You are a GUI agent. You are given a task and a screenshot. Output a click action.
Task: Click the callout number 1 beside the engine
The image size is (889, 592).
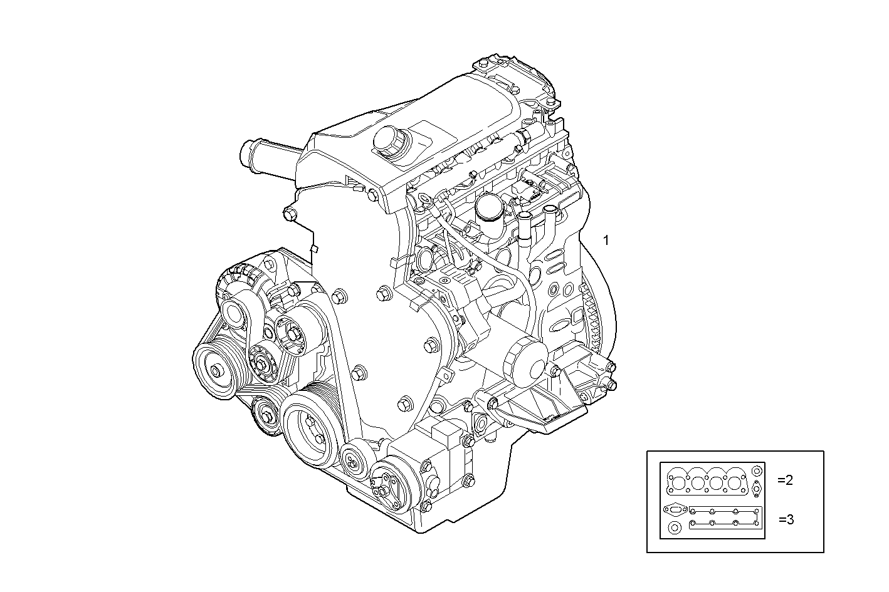pos(606,239)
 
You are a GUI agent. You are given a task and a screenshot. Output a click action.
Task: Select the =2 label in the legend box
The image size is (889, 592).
pos(785,480)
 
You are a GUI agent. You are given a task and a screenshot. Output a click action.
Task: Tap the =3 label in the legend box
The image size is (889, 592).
pos(786,519)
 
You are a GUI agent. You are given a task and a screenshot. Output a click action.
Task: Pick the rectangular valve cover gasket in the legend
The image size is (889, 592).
pos(725,517)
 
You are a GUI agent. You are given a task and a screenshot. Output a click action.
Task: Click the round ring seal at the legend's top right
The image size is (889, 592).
pos(757,470)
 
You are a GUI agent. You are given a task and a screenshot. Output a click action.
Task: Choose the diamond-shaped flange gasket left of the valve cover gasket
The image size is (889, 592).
pos(675,509)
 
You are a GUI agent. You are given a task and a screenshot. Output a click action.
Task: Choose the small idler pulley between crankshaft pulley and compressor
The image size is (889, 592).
pos(354,462)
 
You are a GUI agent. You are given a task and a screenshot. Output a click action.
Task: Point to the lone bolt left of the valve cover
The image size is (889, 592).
pos(289,215)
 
